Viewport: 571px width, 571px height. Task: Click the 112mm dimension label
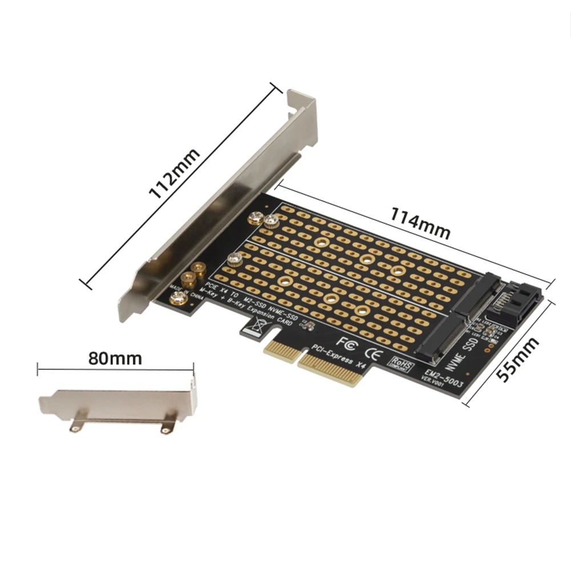coord(175,173)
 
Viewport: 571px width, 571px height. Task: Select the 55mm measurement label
coord(517,360)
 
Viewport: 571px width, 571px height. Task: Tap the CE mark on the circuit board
coord(372,352)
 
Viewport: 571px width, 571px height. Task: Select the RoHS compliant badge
coord(402,363)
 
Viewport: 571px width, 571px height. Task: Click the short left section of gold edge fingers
coord(282,353)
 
